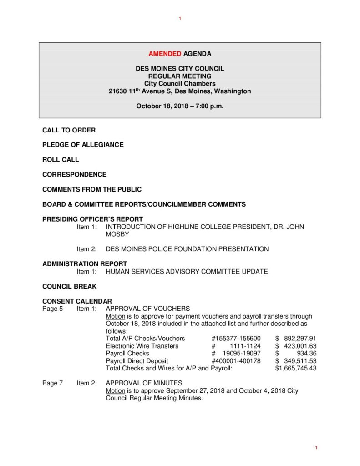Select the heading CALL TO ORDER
[x=69, y=130]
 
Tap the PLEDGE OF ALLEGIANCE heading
[x=83, y=145]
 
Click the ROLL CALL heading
[x=61, y=160]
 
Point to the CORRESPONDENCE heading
[x=74, y=174]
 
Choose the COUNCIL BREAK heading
[x=69, y=287]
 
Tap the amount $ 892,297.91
[x=295, y=339]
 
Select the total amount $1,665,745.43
[x=295, y=368]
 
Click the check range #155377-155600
[x=236, y=339]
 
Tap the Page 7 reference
[x=53, y=383]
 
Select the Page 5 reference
[x=53, y=309]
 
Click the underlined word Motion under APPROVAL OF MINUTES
[x=115, y=391]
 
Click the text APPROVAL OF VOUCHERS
[x=147, y=309]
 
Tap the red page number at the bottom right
[x=316, y=448]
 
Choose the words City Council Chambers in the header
[x=180, y=84]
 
